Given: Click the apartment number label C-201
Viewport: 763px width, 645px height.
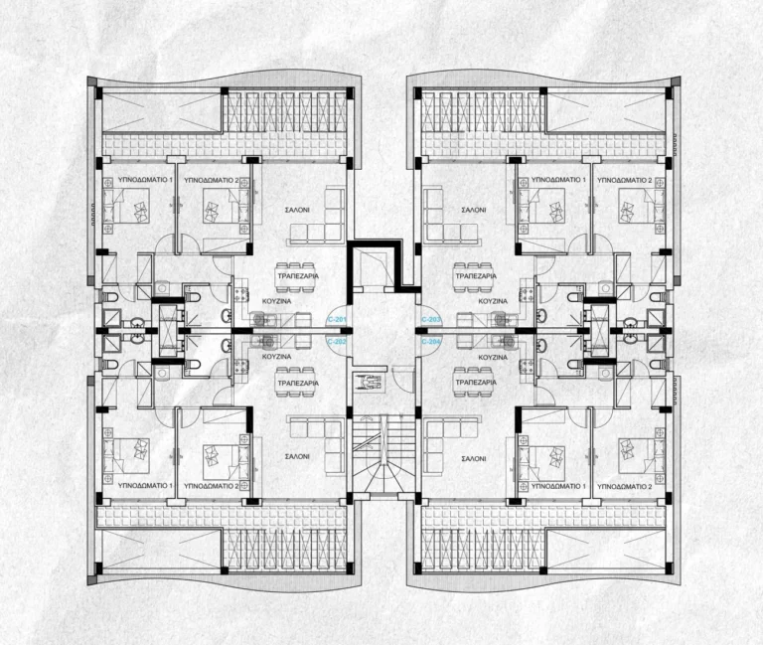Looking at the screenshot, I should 336,318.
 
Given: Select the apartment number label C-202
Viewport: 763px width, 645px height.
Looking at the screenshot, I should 336,340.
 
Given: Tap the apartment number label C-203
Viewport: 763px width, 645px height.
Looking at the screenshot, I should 431,318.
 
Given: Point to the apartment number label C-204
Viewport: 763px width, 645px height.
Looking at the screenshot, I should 431,340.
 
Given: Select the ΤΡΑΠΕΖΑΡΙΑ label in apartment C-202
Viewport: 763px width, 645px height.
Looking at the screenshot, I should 295,383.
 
